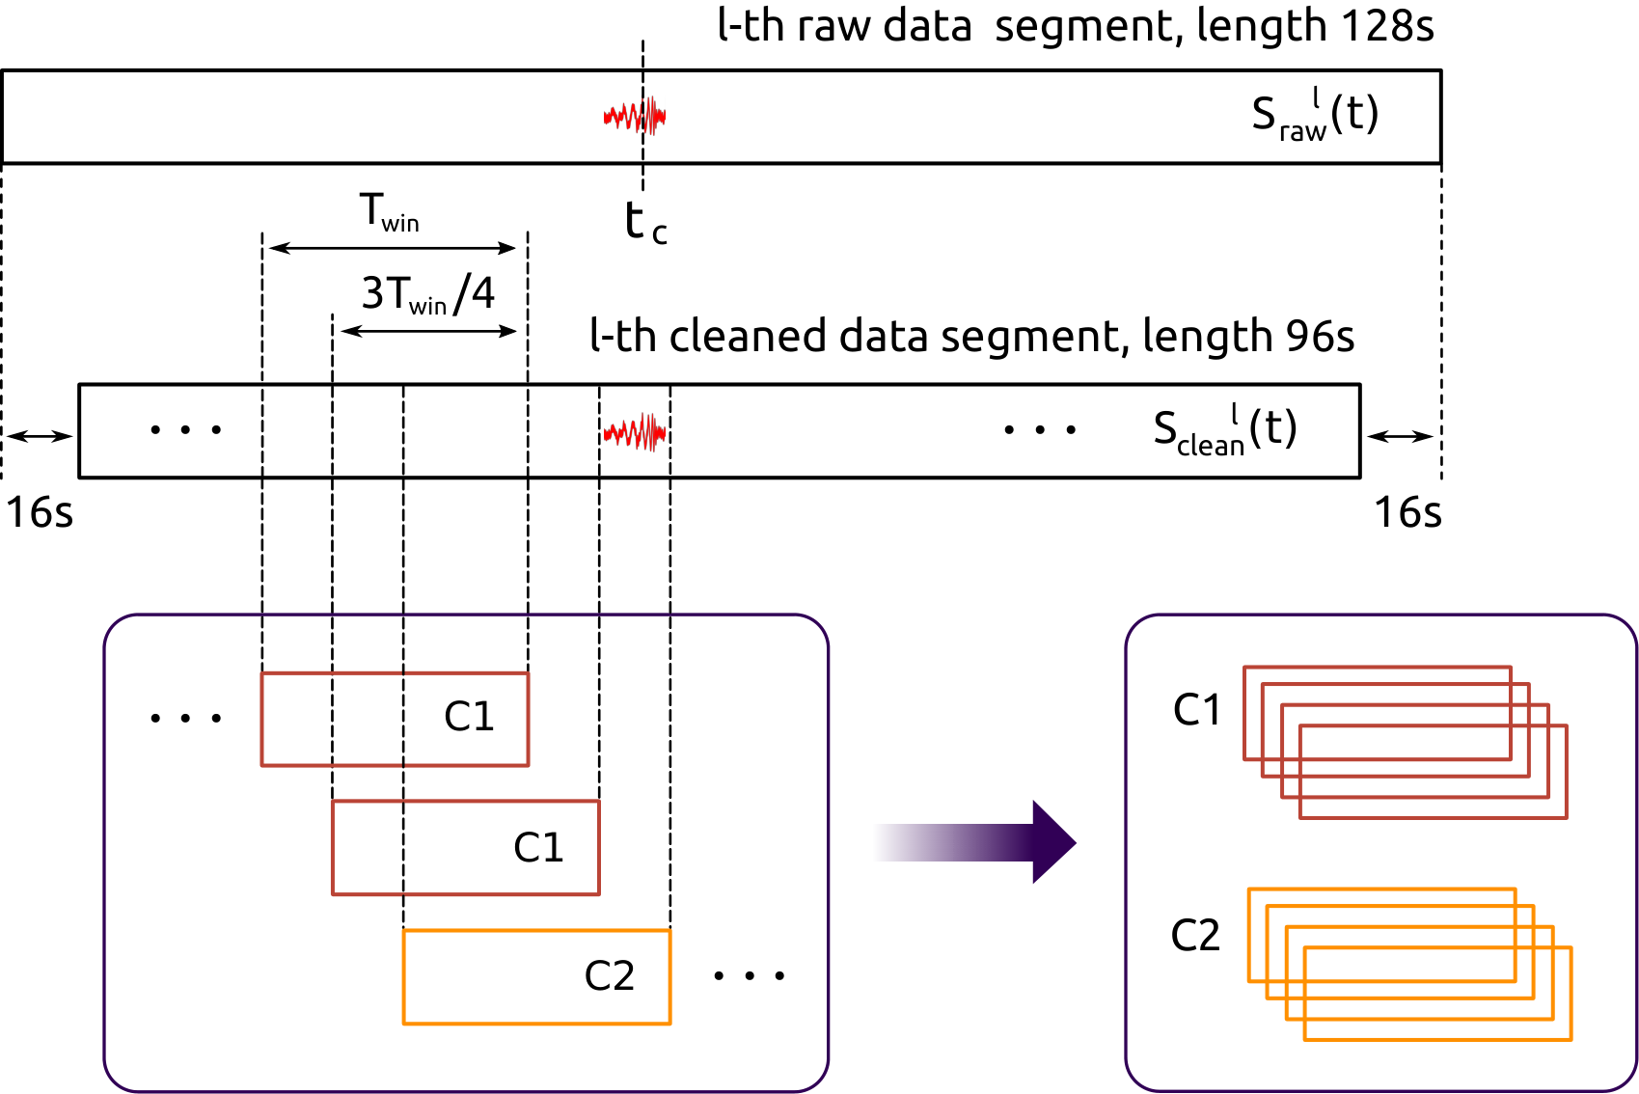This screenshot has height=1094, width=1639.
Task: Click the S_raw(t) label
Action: click(x=1315, y=115)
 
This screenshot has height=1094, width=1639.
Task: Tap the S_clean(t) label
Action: click(x=1225, y=430)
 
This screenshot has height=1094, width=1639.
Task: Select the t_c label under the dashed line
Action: click(x=645, y=223)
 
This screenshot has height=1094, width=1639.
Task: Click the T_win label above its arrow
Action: click(x=390, y=212)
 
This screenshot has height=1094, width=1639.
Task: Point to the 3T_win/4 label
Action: click(x=428, y=293)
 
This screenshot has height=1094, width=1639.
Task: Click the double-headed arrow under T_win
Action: click(x=393, y=248)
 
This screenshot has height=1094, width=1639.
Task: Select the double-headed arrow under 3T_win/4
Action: click(x=428, y=332)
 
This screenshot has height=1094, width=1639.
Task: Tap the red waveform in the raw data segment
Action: click(x=635, y=116)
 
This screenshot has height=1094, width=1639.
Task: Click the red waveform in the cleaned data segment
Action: click(x=635, y=432)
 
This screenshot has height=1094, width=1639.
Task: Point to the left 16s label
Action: click(x=40, y=512)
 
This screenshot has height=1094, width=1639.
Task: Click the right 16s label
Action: click(x=1407, y=512)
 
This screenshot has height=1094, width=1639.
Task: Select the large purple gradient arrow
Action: click(x=974, y=842)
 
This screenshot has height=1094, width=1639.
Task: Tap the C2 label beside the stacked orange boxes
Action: click(x=1195, y=935)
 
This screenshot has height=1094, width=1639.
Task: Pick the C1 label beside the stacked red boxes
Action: click(x=1197, y=709)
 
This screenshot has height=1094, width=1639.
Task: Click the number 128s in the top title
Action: click(x=1387, y=26)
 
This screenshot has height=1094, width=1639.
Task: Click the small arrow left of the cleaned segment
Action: click(x=40, y=437)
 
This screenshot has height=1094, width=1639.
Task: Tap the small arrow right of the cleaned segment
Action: click(x=1401, y=437)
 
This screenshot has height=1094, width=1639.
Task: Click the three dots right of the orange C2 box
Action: click(x=750, y=975)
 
